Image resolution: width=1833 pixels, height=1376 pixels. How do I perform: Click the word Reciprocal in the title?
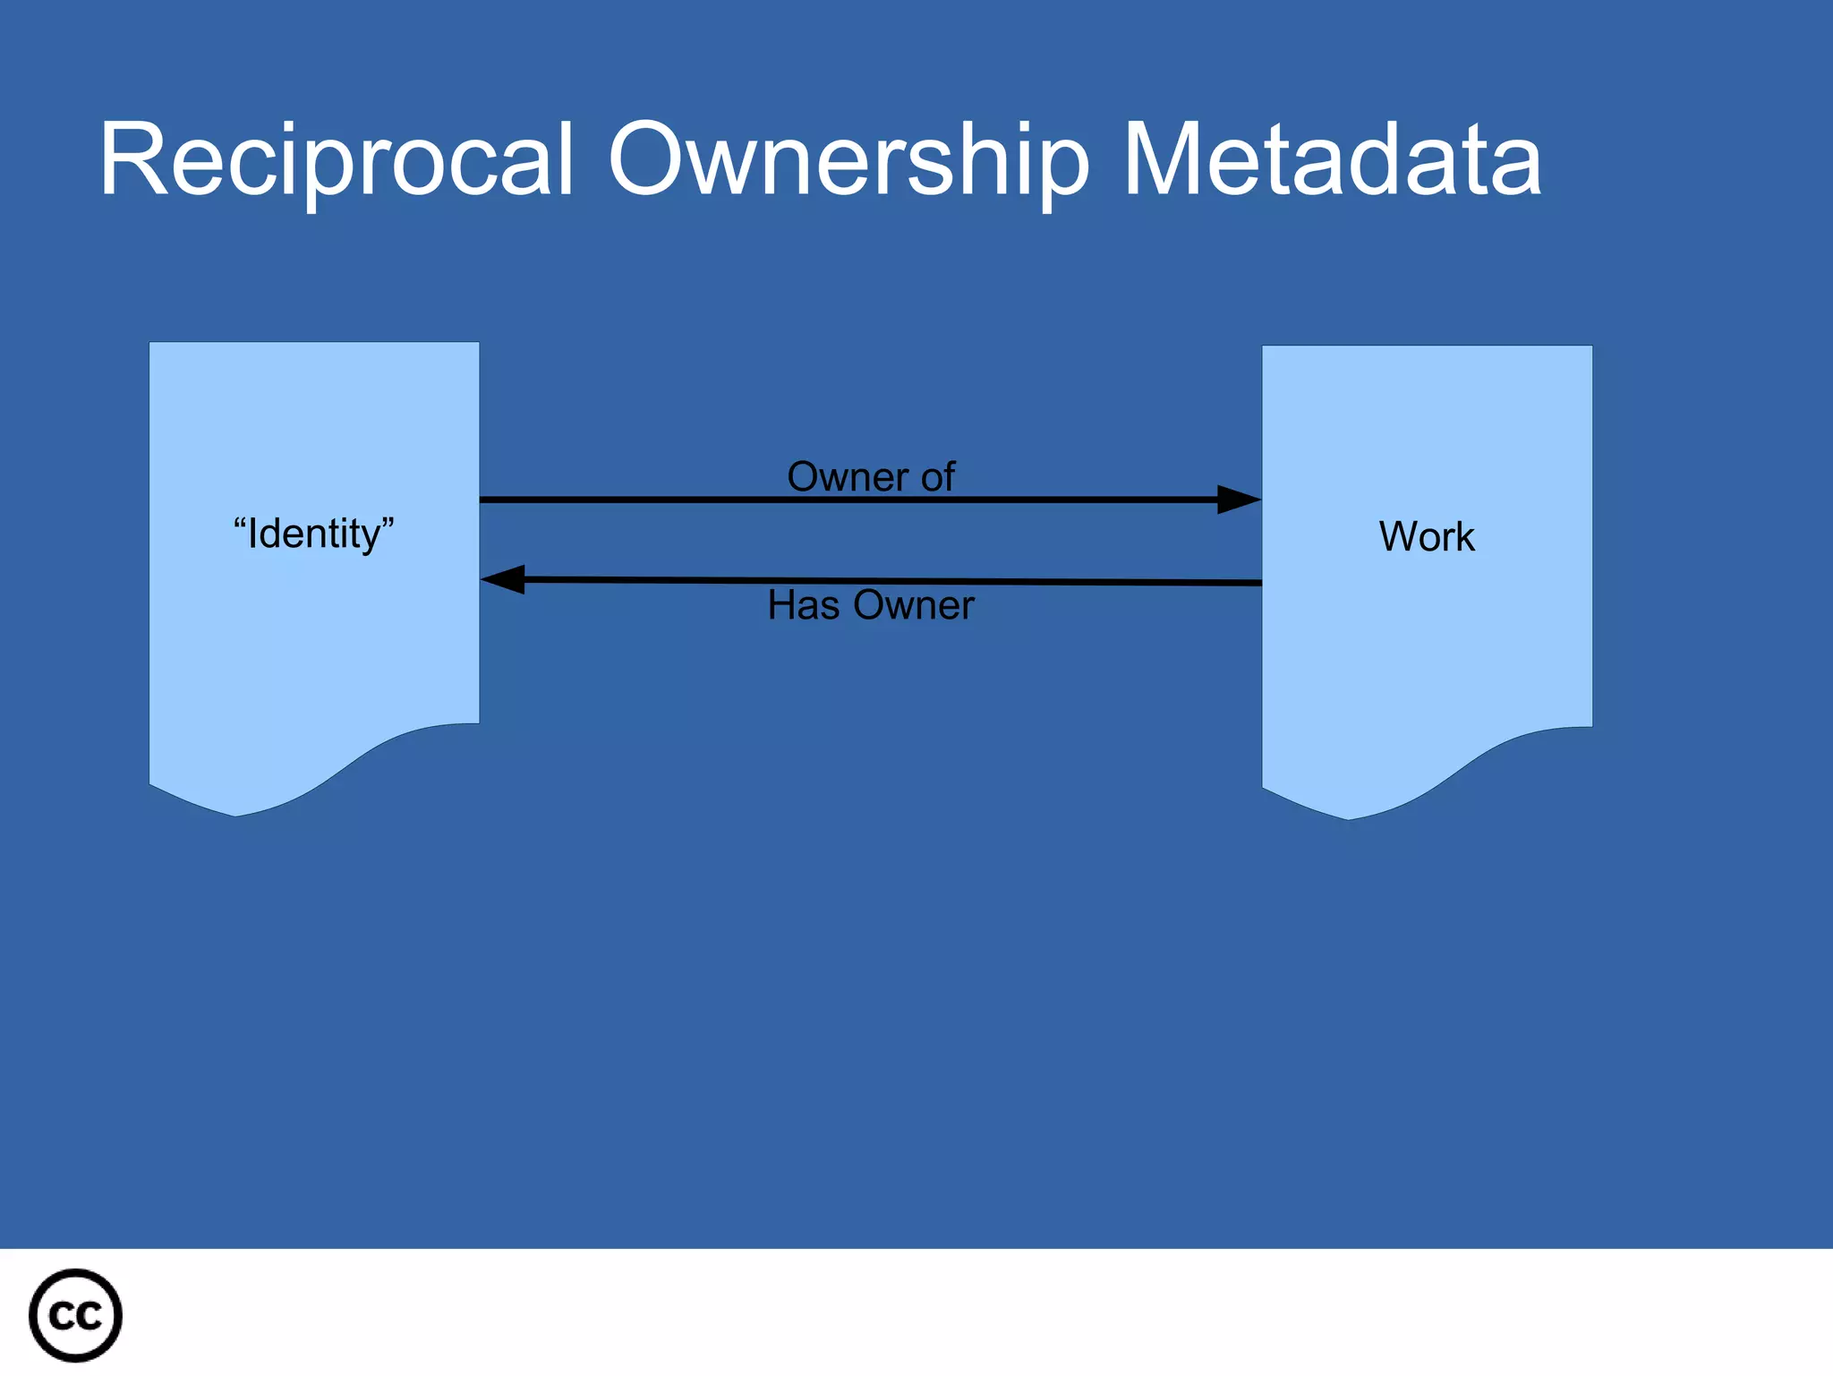coord(336,161)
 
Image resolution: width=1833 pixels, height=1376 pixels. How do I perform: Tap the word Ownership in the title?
coord(848,161)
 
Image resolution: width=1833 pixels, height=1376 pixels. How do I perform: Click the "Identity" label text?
coord(313,534)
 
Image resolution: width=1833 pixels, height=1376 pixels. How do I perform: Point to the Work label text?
coord(1427,537)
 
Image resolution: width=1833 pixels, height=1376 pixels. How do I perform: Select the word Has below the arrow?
coord(803,605)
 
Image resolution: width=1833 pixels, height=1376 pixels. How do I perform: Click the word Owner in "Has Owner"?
coord(913,605)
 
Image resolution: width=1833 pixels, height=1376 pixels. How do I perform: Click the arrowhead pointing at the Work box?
coord(1240,500)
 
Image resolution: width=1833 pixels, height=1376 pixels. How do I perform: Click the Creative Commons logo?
coord(75,1315)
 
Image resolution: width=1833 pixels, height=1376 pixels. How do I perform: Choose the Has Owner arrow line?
coord(895,581)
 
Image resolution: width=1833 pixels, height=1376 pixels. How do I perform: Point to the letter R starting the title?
coord(125,161)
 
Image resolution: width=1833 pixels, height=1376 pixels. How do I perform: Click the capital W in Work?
coord(1396,537)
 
